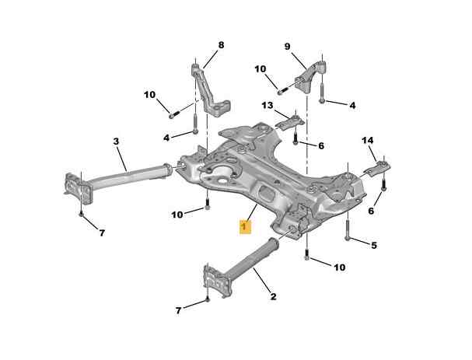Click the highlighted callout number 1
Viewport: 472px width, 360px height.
[243, 226]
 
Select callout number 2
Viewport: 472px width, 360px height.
[273, 295]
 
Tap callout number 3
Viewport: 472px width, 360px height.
[116, 142]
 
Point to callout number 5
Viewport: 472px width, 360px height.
[373, 246]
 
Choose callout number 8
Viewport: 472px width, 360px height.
[220, 45]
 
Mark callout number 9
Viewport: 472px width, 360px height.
[286, 47]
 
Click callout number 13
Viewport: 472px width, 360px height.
[267, 105]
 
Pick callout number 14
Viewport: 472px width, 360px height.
[368, 140]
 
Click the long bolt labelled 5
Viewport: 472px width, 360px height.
[347, 229]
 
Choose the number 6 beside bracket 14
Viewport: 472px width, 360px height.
[371, 211]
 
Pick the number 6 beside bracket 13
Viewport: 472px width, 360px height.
[321, 145]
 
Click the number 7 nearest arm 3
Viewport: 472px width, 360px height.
[103, 232]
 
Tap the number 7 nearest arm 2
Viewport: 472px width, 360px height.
[178, 311]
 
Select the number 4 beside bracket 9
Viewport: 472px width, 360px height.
[352, 105]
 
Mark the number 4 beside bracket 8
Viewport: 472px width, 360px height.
[166, 138]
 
